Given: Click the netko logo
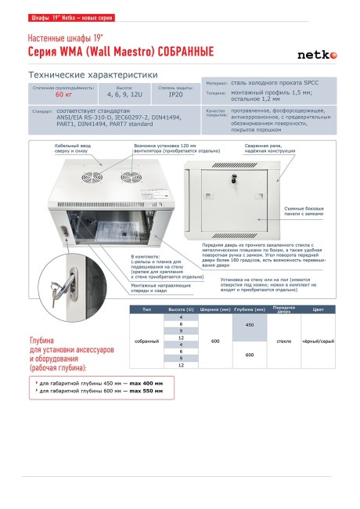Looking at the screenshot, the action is coord(317,55).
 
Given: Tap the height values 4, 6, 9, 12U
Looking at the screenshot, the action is coord(119,94).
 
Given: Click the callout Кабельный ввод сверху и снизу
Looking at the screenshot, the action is coord(74,148).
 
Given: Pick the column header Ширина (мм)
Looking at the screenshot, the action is coord(214,310).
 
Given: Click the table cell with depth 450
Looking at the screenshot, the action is coord(250,324).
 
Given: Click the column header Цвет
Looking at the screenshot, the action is coord(318,310).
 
